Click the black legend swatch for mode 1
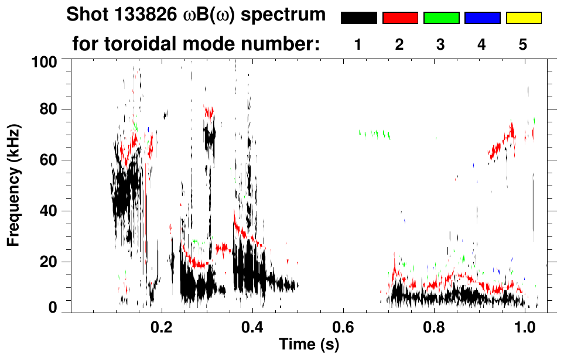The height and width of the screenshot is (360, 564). point(358,18)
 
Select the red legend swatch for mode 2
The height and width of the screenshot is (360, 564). point(400,18)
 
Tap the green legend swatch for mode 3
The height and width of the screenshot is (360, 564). point(441,18)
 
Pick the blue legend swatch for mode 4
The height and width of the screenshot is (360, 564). point(482,18)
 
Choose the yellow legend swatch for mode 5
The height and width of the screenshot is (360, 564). point(524,18)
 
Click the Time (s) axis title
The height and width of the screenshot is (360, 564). point(308,345)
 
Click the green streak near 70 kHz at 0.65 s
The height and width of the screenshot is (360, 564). point(375,133)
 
